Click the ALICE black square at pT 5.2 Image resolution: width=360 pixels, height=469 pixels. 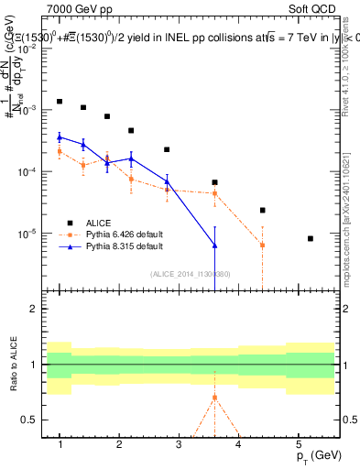pyautogui.click(x=311, y=238)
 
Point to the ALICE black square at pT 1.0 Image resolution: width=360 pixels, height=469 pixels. pyautogui.click(x=60, y=102)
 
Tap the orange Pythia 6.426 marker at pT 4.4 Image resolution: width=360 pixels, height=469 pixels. pyautogui.click(x=262, y=245)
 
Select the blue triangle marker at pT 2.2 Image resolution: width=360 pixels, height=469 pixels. pyautogui.click(x=131, y=158)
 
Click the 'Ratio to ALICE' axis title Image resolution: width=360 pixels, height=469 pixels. pyautogui.click(x=14, y=365)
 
